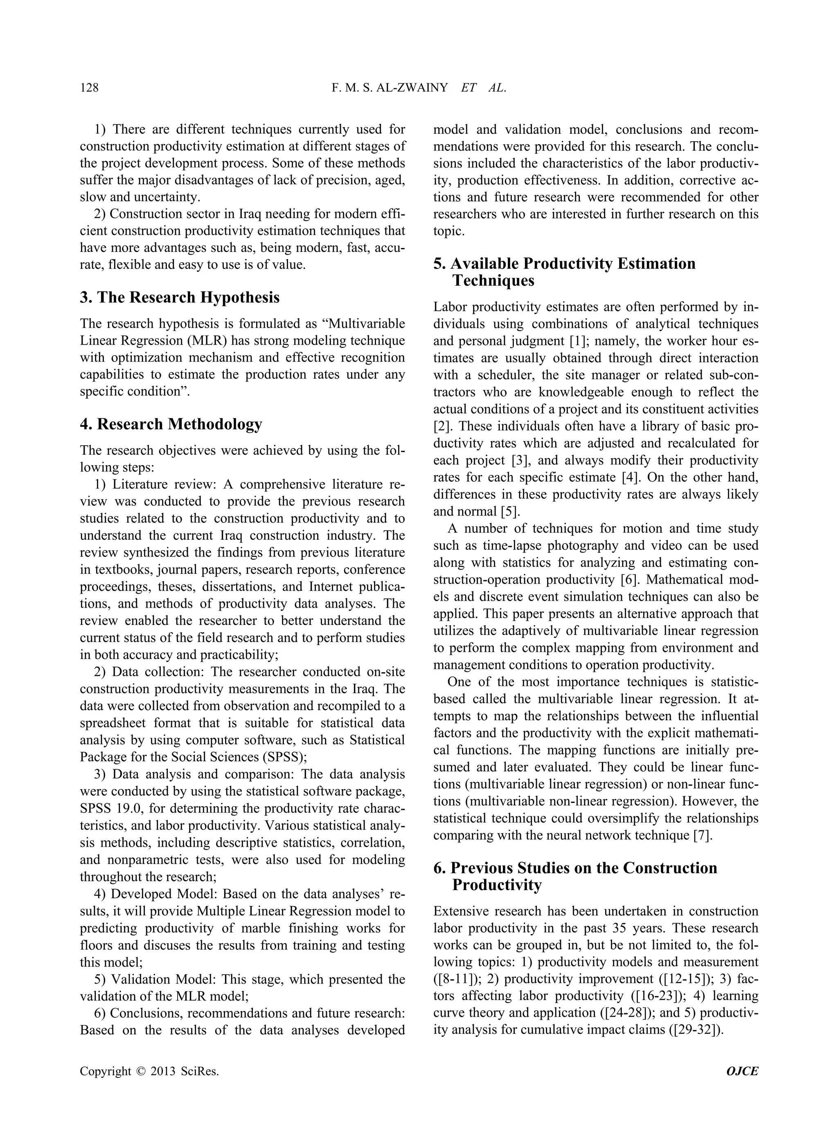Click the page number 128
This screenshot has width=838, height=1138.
coord(89,88)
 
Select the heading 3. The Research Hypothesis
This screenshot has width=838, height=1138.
coord(180,297)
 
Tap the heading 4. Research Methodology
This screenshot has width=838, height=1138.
coord(171,424)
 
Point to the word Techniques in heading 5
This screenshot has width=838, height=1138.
coord(493,281)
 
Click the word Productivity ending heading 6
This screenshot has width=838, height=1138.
coord(497,885)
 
